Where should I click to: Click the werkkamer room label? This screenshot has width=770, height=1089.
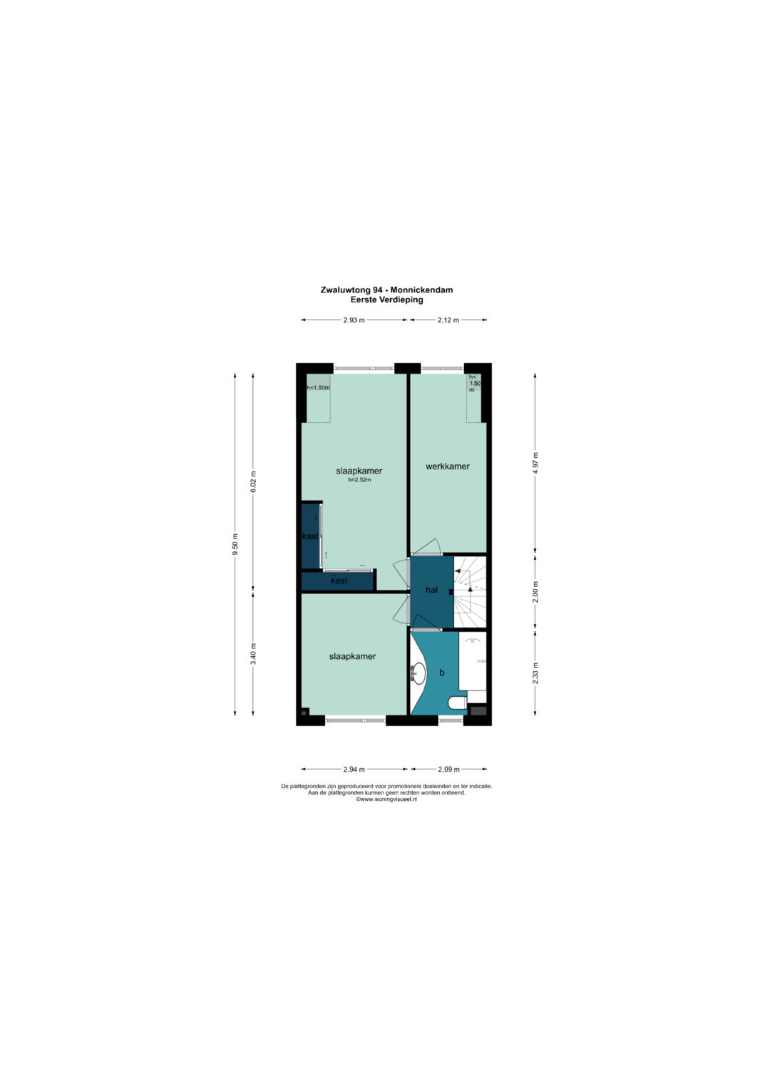pyautogui.click(x=447, y=466)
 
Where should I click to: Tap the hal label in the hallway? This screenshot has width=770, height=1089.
pyautogui.click(x=431, y=590)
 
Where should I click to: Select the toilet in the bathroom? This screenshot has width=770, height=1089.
pyautogui.click(x=458, y=703)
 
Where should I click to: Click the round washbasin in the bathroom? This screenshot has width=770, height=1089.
pyautogui.click(x=418, y=673)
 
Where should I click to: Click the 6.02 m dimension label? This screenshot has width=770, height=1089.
pyautogui.click(x=253, y=482)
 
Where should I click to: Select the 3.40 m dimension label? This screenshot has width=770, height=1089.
pyautogui.click(x=253, y=654)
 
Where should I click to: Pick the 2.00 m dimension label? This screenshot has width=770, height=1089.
pyautogui.click(x=535, y=592)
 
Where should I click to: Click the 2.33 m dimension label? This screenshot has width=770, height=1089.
pyautogui.click(x=535, y=673)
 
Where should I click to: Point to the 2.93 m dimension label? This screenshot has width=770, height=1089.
pyautogui.click(x=354, y=320)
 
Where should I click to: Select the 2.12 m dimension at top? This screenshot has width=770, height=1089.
pyautogui.click(x=448, y=320)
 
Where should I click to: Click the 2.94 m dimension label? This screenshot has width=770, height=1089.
pyautogui.click(x=354, y=769)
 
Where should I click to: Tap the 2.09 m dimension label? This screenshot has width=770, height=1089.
pyautogui.click(x=448, y=769)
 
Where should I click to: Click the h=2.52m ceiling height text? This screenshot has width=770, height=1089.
pyautogui.click(x=359, y=480)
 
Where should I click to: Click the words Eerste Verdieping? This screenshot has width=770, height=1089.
pyautogui.click(x=387, y=300)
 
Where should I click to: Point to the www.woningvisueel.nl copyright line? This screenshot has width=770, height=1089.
pyautogui.click(x=386, y=799)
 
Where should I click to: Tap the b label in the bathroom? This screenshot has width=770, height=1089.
pyautogui.click(x=442, y=673)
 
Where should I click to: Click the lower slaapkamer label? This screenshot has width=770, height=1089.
pyautogui.click(x=352, y=656)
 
